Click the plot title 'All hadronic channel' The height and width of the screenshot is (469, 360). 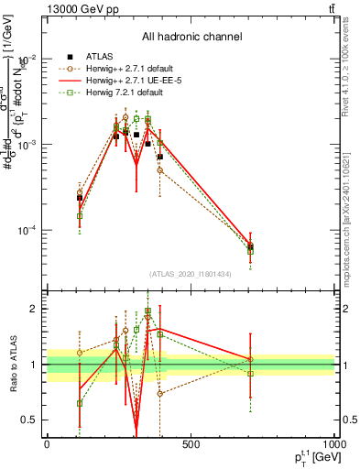pos(191,38)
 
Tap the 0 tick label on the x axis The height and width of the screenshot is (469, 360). pos(47,445)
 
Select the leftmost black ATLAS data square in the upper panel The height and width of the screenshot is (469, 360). pos(80,198)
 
